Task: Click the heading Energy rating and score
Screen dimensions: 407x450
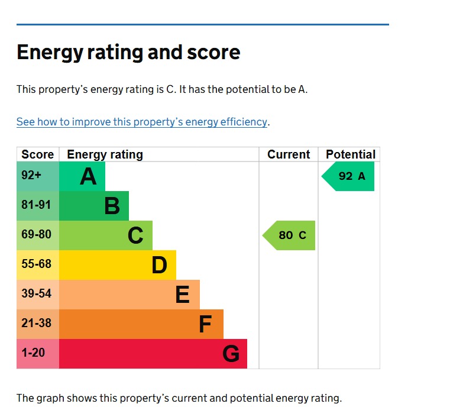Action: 128,53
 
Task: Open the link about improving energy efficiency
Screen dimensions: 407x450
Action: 142,122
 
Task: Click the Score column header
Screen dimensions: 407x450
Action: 38,154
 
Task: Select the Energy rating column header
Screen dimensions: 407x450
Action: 105,154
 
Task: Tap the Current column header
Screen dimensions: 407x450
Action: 289,154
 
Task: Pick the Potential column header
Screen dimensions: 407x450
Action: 351,154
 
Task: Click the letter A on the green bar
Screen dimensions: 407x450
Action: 88,176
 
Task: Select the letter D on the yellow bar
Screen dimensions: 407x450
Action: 159,265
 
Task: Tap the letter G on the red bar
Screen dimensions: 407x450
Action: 231,354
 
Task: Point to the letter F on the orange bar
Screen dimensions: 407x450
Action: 205,324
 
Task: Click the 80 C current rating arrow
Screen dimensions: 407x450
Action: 290,235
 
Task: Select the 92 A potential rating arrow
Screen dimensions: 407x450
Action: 349,176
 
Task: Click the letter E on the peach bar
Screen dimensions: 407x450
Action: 182,295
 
